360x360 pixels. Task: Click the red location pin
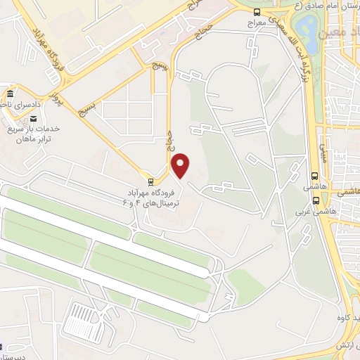(x=181, y=165)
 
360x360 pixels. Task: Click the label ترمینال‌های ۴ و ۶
(x=161, y=202)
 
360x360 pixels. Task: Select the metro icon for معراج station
(x=257, y=12)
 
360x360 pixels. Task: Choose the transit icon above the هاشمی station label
(x=314, y=176)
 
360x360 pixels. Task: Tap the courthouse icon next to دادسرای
(x=9, y=94)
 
